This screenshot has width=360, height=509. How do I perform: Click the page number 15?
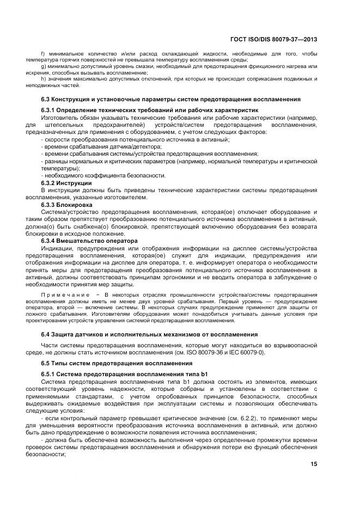click(x=313, y=464)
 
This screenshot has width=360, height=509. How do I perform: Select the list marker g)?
click(x=44, y=66)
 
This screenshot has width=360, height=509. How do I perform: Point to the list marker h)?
click(x=44, y=78)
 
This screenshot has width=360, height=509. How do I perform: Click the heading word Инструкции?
click(x=77, y=182)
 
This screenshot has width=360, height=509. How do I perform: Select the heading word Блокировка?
click(x=77, y=204)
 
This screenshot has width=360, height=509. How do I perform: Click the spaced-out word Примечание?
click(x=64, y=294)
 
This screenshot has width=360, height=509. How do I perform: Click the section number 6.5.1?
click(x=51, y=373)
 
